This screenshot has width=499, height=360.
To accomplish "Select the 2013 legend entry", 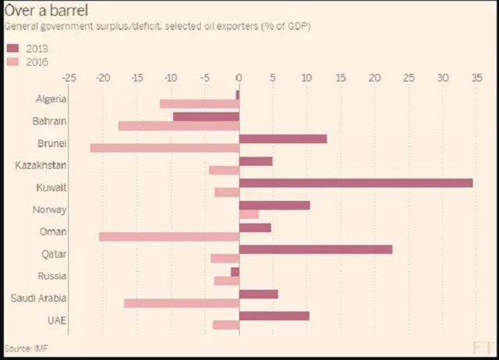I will pos(27,48).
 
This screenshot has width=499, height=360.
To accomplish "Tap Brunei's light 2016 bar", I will pos(165,148).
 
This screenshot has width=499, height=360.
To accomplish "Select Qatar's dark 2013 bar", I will pos(316,249).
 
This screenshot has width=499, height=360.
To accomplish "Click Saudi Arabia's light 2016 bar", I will pos(182,303).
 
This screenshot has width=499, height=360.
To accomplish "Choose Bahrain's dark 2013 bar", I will pos(206,117).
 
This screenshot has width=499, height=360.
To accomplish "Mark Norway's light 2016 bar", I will pos(249,214).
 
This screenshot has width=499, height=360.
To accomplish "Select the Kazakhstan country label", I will pos(41,165).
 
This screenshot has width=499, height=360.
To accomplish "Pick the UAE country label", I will pos(57,320).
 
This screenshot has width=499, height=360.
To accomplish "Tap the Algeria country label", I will pos(51,99).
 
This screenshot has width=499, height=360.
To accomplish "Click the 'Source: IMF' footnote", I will pos(23,348).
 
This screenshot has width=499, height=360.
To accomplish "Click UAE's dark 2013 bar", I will pos(274,316).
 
